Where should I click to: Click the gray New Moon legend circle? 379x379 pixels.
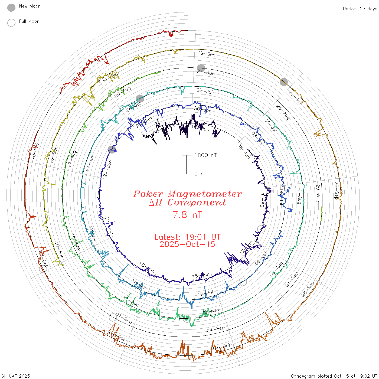tap(11, 8)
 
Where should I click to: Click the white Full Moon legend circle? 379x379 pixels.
tap(11, 23)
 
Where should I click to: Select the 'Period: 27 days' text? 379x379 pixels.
tap(360, 9)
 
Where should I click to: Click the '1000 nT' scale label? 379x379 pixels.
tap(205, 155)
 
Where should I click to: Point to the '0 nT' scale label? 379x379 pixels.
tap(200, 174)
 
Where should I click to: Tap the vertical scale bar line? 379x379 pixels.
tap(186, 164)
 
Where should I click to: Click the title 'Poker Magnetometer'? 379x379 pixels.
tap(187, 194)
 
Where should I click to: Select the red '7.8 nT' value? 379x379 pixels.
tap(187, 215)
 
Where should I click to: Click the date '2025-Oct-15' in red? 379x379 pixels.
tap(187, 244)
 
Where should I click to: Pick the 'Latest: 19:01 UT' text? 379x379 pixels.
tap(187, 237)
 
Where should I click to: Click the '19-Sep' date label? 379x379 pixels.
tap(207, 54)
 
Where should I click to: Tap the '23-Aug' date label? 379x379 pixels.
tap(206, 73)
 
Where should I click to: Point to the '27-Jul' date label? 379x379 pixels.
tap(205, 91)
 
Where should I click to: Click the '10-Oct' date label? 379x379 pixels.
tap(35, 151)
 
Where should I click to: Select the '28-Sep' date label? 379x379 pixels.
tap(308, 289)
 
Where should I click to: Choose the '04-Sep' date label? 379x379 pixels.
tap(216, 329)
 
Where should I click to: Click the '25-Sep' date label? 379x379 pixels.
tap(336, 190)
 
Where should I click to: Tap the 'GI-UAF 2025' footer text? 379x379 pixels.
tap(16, 376)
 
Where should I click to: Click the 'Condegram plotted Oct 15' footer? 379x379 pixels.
tap(334, 376)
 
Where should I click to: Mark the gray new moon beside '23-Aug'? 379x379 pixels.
tap(201, 68)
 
